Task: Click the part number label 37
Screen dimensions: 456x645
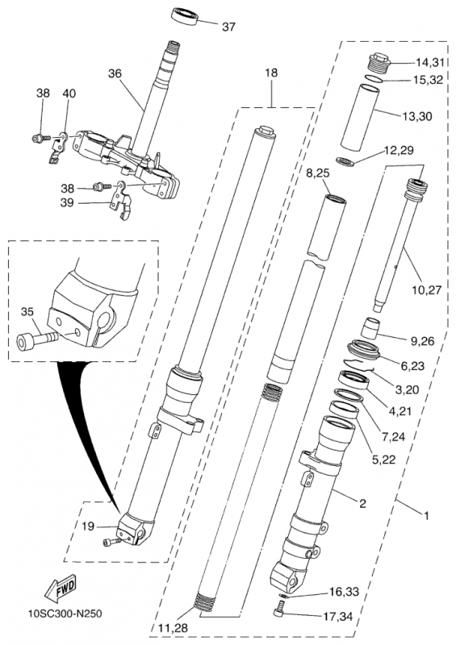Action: click(x=228, y=27)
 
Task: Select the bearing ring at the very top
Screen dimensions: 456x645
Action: click(x=185, y=15)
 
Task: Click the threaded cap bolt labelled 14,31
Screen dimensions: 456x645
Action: click(x=379, y=63)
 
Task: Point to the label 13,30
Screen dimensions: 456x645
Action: click(x=417, y=116)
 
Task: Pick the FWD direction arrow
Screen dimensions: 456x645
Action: click(x=61, y=586)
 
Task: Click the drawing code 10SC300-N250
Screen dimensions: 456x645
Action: click(x=65, y=614)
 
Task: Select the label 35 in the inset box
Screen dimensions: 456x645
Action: click(x=27, y=312)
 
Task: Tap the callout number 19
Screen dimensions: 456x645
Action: click(x=88, y=526)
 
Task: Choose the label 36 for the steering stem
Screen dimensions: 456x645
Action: click(x=115, y=73)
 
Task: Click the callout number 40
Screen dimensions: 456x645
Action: click(x=69, y=94)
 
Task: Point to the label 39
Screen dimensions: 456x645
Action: click(x=67, y=203)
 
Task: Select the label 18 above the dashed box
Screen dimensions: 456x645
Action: click(x=271, y=73)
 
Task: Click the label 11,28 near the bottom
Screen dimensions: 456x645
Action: click(x=173, y=628)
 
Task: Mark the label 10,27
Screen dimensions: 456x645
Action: click(x=427, y=290)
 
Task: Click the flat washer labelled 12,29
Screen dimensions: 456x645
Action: click(x=345, y=160)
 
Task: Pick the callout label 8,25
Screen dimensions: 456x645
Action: click(x=318, y=173)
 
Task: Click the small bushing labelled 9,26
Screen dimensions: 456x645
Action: click(x=370, y=328)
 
